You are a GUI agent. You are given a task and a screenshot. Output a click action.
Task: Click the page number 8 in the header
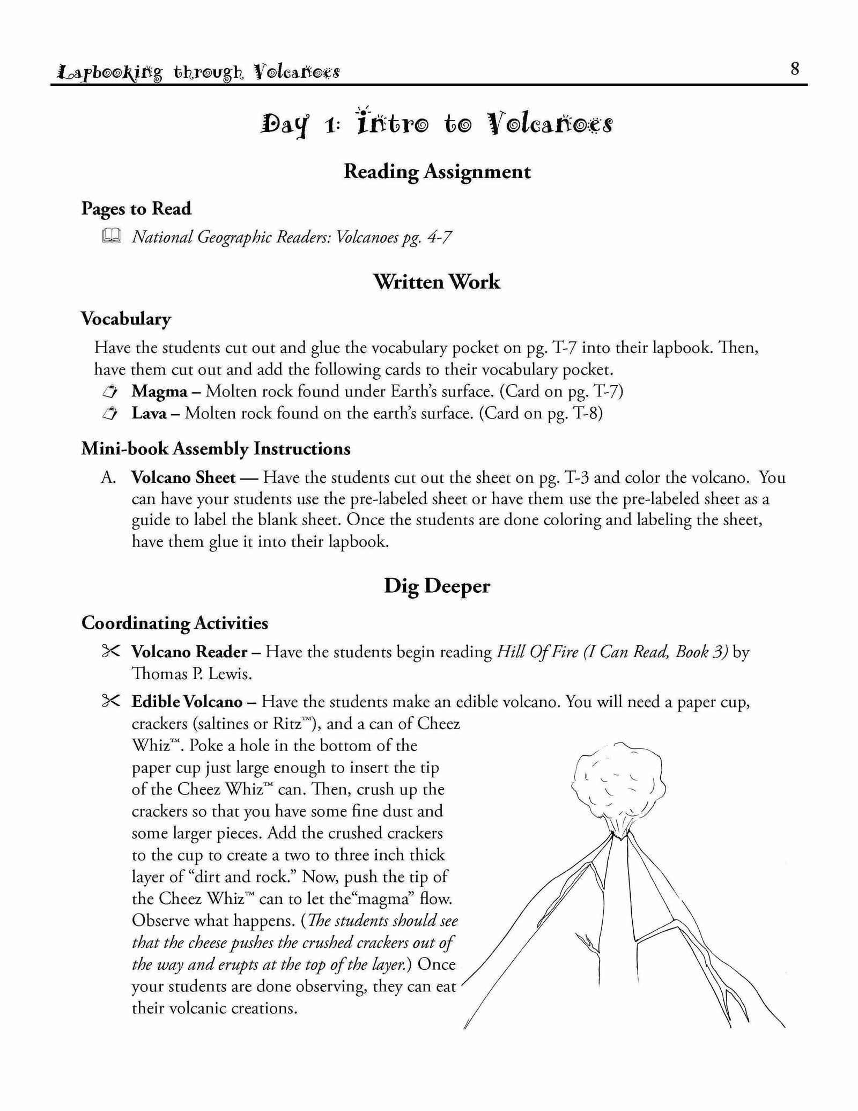(795, 69)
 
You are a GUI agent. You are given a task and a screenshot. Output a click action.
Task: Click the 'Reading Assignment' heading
(437, 172)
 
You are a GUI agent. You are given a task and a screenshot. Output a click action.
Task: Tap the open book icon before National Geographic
(112, 236)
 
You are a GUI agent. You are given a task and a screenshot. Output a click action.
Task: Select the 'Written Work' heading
(437, 282)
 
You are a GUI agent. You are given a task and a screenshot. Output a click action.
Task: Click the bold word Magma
(159, 392)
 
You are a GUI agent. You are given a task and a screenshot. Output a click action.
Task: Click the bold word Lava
(149, 414)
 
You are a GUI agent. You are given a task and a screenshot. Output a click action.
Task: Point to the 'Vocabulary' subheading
(126, 319)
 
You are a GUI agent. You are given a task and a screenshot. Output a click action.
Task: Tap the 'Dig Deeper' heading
(437, 586)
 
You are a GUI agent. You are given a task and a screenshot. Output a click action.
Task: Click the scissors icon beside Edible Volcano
(111, 701)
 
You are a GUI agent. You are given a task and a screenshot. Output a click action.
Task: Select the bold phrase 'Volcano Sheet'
(183, 477)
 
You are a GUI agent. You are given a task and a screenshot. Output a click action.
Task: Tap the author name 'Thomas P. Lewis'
(191, 674)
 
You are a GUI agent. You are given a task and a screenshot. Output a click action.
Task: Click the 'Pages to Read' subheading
(136, 209)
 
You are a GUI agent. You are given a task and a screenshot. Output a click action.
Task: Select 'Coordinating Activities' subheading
(175, 623)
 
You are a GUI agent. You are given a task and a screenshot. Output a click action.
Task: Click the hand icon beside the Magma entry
(111, 392)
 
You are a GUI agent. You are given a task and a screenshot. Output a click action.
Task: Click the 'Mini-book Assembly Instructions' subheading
(216, 448)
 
